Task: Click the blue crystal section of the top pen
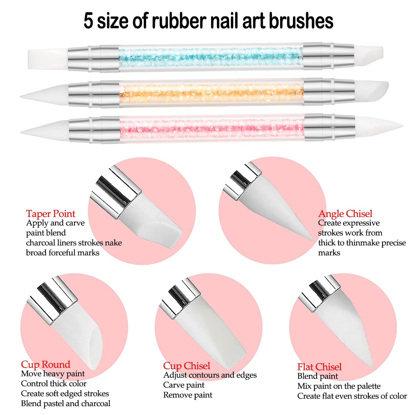pos(211,57)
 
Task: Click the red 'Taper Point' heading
pos(51,214)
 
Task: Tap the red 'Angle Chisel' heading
pos(345,214)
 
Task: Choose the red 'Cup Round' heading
pos(45,364)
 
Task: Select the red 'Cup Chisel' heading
pos(187,366)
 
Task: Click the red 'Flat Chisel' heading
pos(319,367)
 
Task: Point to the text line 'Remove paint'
pos(188,395)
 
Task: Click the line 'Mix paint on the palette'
pos(339,386)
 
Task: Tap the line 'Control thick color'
pos(54,384)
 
